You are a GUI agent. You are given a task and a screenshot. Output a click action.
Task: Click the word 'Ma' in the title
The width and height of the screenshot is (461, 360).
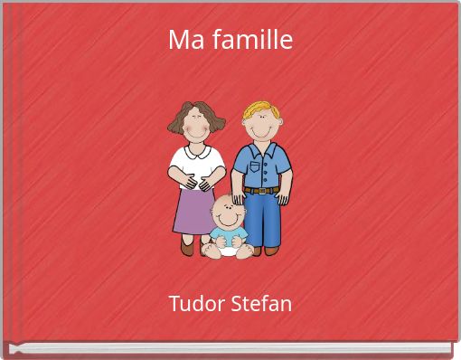click(183, 40)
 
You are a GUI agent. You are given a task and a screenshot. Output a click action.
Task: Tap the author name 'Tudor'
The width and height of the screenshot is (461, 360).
click(193, 303)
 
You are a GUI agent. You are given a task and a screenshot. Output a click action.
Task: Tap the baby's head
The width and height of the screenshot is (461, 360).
click(228, 213)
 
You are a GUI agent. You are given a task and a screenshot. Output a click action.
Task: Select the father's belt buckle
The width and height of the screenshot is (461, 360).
click(261, 190)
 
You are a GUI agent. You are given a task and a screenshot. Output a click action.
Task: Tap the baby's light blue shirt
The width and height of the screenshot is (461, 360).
click(228, 237)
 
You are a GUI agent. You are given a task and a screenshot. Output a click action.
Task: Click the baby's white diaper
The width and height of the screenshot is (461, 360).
click(229, 251)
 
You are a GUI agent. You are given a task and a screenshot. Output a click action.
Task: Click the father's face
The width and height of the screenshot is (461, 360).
click(262, 127)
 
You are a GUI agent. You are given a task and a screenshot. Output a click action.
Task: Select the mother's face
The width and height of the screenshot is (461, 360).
click(197, 128)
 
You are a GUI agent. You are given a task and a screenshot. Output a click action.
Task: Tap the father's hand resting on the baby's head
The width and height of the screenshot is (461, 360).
click(238, 197)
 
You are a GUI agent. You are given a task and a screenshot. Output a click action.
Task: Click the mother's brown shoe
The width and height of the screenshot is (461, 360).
click(187, 245)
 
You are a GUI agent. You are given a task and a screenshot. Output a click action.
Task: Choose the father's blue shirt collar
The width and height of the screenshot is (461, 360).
click(261, 147)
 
